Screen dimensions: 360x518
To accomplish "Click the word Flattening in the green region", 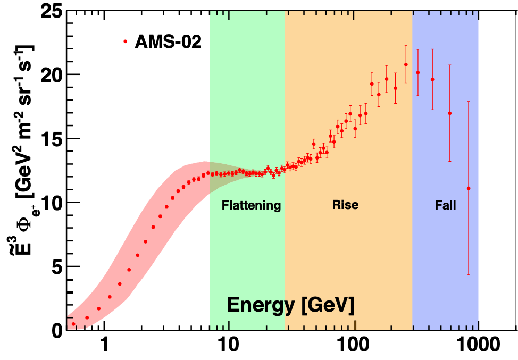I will tap(251, 205).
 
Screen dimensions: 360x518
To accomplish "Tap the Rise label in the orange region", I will tap(345, 205).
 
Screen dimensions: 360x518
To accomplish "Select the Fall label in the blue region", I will tap(445, 205).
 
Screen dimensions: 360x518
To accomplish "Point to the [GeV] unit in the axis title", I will tap(327, 305).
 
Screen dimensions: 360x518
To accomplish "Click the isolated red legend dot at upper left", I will tap(126, 41).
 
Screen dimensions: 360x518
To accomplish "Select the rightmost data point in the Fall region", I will tap(469, 188).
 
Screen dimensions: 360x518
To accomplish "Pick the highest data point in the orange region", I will tap(406, 65).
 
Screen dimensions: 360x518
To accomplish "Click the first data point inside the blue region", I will tap(418, 72).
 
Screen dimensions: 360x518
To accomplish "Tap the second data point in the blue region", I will tap(432, 80).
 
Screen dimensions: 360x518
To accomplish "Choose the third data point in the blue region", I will tap(450, 113).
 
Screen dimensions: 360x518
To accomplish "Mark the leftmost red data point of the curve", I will tap(73, 324).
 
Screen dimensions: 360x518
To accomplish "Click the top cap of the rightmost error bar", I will tap(469, 102).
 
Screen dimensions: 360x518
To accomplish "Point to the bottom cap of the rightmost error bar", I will tap(469, 274).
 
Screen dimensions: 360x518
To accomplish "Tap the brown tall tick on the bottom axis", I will tap(355, 324).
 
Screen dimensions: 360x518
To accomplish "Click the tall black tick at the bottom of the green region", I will tap(229, 324).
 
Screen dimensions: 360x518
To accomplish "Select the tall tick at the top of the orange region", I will tap(355, 15).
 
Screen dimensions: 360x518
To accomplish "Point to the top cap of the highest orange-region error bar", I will tap(406, 46).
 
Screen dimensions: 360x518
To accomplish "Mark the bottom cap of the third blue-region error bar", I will tap(450, 161).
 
